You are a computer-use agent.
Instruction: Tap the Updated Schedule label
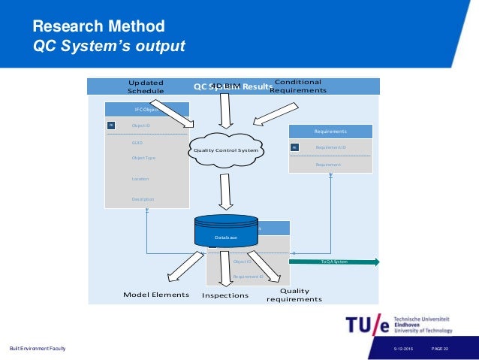[146, 86]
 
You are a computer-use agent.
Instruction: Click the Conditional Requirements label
[298, 86]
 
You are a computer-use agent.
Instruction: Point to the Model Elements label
[156, 295]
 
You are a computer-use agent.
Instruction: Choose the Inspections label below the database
[225, 295]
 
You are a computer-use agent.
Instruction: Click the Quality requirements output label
[294, 295]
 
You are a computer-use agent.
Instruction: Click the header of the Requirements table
[330, 131]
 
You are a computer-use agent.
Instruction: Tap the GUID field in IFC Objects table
[137, 142]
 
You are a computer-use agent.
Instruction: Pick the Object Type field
[143, 158]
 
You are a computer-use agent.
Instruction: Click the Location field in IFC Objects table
[140, 179]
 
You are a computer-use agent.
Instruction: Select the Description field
[143, 199]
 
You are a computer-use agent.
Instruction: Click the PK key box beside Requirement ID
[295, 148]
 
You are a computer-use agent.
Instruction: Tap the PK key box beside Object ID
[110, 126]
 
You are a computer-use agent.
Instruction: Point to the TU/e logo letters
[368, 325]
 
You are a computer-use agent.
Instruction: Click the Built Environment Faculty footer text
[38, 347]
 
